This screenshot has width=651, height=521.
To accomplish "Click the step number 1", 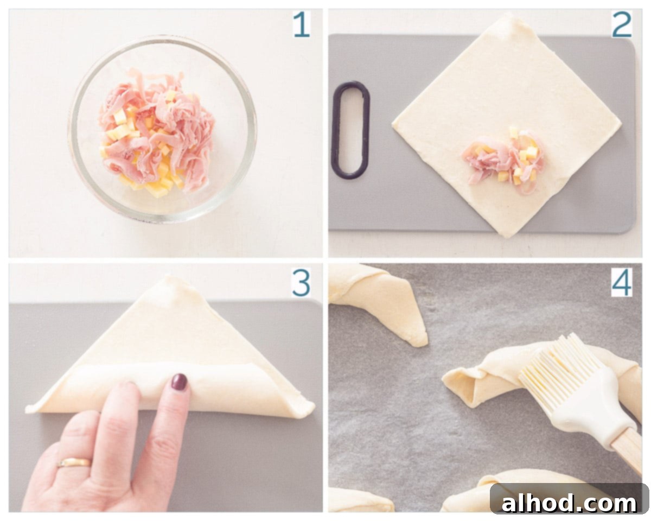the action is (x=302, y=26).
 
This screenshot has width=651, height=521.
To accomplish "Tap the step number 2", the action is (x=622, y=26).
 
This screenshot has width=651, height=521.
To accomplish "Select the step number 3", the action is (x=301, y=283).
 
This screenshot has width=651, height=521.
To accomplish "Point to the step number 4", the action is (x=622, y=283).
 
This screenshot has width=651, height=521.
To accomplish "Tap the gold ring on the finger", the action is (x=74, y=462).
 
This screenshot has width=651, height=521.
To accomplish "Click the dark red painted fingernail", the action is (x=179, y=383).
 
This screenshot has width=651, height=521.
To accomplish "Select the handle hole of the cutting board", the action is (x=350, y=130).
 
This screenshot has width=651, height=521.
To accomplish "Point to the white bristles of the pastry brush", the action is (x=560, y=363).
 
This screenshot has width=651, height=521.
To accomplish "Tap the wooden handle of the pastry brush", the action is (x=628, y=453).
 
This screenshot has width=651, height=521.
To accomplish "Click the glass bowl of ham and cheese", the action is (x=163, y=129).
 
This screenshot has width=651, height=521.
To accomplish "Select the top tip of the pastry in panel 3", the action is (x=170, y=276).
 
